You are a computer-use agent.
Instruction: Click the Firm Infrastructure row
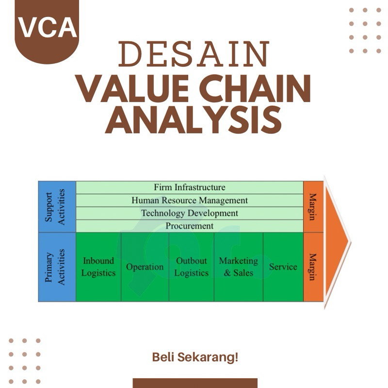pos(190,187)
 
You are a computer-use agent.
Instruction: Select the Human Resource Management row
pos(190,200)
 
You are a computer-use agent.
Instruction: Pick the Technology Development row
pos(190,213)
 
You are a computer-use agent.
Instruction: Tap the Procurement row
pos(190,226)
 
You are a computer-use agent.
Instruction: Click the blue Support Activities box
pos(57,207)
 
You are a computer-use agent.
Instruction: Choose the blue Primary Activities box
pos(57,267)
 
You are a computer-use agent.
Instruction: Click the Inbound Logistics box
pos(98,267)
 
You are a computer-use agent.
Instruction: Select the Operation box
pos(145,267)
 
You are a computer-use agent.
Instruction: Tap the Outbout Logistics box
pos(191,267)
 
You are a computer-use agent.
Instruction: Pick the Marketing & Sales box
pos(238,267)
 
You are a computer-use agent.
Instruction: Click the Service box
pos(283,267)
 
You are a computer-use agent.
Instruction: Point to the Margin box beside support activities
pos(313,207)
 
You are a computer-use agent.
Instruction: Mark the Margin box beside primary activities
pos(313,267)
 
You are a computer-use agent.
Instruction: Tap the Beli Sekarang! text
pos(195,358)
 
